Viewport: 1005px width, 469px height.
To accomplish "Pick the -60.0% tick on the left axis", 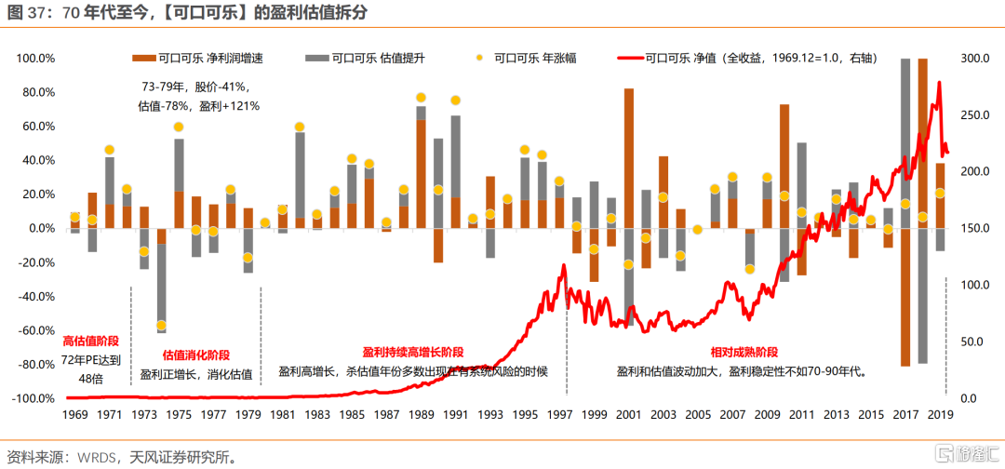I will click(x=35, y=330).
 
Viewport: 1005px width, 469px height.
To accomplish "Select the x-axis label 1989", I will click(x=421, y=415).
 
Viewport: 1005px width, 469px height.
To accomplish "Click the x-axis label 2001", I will click(x=628, y=415).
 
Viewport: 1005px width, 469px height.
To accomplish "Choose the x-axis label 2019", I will click(x=940, y=415).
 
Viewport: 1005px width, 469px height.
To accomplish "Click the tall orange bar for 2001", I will click(x=629, y=158).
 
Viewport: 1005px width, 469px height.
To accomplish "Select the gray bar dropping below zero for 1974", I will click(x=162, y=288).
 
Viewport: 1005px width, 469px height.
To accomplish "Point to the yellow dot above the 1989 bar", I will click(x=421, y=98).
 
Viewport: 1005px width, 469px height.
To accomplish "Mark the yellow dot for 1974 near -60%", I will click(x=162, y=326).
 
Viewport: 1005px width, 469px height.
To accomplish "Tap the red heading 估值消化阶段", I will click(x=196, y=355).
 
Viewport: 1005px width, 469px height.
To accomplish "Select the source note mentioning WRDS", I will click(x=116, y=457).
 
